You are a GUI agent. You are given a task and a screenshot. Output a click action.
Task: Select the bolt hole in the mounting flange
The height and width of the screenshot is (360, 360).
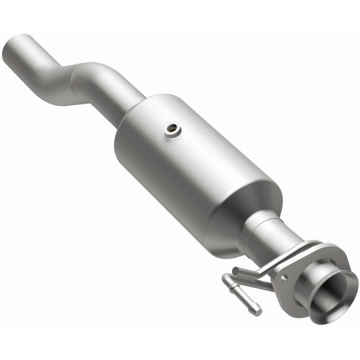[x=284, y=278]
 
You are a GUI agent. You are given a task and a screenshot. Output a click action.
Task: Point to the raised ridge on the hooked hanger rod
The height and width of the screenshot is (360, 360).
[x=238, y=295]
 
